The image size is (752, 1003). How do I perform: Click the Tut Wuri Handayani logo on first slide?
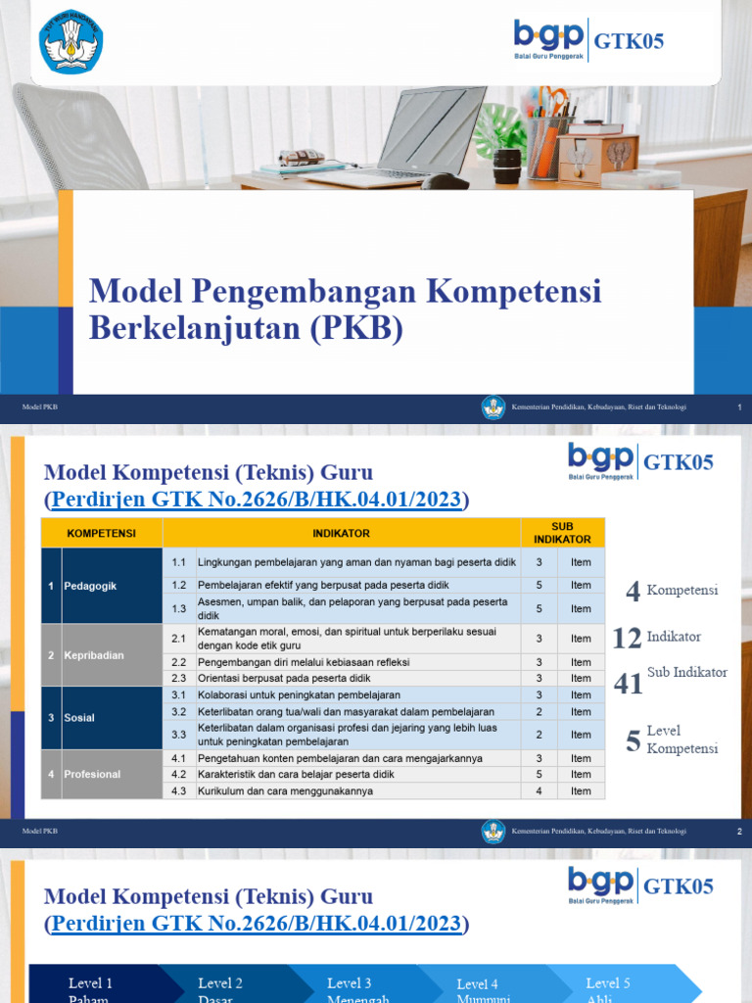tap(70, 41)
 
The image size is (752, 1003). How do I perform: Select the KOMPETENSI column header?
tap(101, 533)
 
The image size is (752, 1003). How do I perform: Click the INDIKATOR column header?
tap(341, 533)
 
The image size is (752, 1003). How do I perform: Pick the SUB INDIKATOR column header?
tap(562, 533)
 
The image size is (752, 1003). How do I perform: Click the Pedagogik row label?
tap(90, 586)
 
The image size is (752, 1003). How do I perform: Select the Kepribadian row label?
tap(93, 655)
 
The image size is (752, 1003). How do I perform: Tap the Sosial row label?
tap(79, 718)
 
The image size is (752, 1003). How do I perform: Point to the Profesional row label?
tap(92, 774)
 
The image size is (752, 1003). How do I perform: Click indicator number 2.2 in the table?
tap(178, 662)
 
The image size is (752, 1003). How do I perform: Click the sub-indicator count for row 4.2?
tap(539, 774)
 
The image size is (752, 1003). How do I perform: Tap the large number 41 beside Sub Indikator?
tap(629, 683)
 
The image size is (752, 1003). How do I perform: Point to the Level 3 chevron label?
tap(350, 983)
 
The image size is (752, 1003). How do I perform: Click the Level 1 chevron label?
tap(90, 983)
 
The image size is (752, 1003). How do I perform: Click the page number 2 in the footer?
tap(738, 832)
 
